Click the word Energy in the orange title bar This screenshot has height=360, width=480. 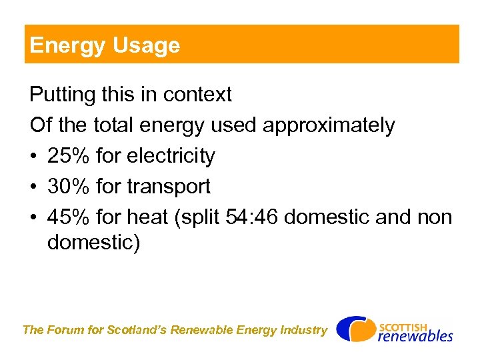(58, 46)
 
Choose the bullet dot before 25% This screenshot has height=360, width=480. (34, 157)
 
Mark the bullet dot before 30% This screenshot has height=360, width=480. (34, 187)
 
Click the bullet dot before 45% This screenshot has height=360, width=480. (34, 218)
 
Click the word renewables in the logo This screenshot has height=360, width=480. (415, 336)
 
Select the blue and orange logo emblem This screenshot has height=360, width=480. (355, 329)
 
